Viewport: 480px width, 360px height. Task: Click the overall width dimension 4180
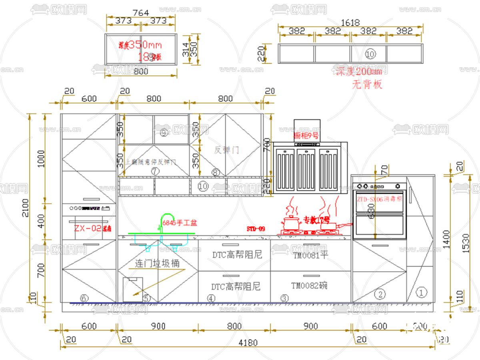click(248, 343)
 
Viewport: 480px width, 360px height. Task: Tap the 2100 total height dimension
click(25, 208)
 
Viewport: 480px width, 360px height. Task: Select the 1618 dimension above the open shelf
click(350, 23)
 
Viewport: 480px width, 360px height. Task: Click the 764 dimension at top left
click(140, 13)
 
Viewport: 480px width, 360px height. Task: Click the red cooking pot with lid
click(292, 222)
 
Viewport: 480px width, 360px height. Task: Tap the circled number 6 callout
click(84, 298)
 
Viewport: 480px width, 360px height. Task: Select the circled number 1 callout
click(420, 292)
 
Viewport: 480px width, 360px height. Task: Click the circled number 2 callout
click(380, 295)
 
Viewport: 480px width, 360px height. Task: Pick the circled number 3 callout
click(284, 298)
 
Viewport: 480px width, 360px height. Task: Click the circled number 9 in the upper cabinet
click(163, 132)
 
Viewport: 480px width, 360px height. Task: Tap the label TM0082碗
click(309, 286)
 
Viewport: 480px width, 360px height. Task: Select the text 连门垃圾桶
click(157, 264)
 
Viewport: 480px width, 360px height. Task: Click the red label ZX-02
click(88, 228)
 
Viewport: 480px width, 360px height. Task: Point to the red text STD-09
click(256, 229)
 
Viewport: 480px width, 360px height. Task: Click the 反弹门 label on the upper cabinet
click(226, 150)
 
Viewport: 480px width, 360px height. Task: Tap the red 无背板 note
click(367, 84)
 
